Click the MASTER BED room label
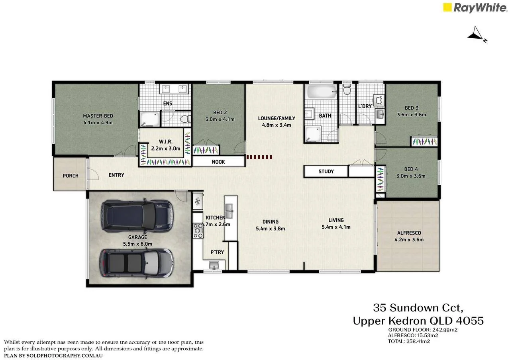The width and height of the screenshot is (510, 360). pyautogui.click(x=98, y=116)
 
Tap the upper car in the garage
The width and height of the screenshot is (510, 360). pyautogui.click(x=137, y=216)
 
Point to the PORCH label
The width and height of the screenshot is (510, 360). pyautogui.click(x=71, y=176)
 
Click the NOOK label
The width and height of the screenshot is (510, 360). pyautogui.click(x=218, y=162)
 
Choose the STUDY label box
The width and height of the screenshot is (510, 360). pyautogui.click(x=326, y=172)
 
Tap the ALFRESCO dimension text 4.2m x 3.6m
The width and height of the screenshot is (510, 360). pyautogui.click(x=409, y=240)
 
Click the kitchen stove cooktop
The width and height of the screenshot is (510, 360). pyautogui.click(x=198, y=231)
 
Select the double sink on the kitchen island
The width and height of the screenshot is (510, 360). pyautogui.click(x=229, y=208)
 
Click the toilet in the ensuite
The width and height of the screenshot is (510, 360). pyautogui.click(x=184, y=119)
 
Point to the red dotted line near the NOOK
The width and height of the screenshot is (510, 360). pyautogui.click(x=259, y=157)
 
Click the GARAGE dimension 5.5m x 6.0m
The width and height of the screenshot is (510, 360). pyautogui.click(x=137, y=244)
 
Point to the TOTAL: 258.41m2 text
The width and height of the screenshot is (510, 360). pyautogui.click(x=409, y=341)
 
